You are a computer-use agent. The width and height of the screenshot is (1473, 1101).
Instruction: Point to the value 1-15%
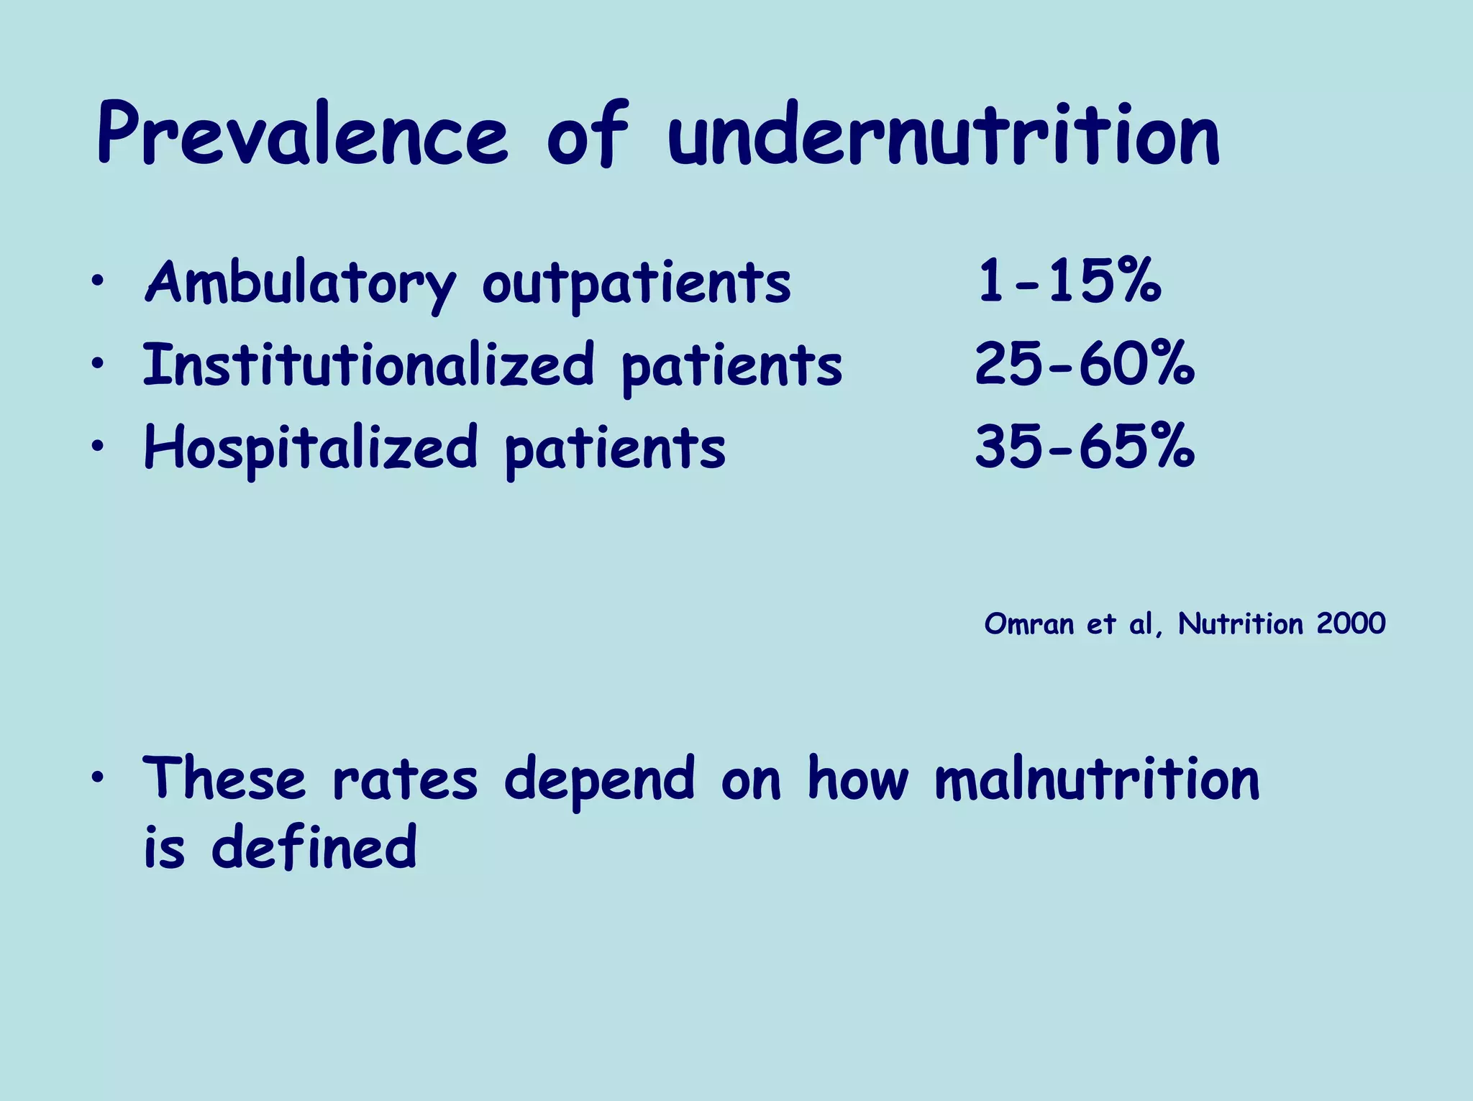[1069, 281]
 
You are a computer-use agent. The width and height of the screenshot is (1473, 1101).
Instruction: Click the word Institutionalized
[368, 365]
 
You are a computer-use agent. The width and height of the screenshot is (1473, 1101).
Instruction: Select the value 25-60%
[1084, 365]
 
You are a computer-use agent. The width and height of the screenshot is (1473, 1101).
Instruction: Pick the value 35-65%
[1084, 447]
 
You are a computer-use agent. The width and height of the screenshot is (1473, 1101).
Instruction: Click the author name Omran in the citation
[1029, 623]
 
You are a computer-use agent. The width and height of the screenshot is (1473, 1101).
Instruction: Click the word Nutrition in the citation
[1240, 623]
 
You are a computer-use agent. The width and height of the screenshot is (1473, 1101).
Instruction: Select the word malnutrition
[1097, 779]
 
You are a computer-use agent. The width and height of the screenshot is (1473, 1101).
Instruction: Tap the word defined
[314, 846]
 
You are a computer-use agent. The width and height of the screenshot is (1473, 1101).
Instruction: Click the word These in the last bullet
[224, 779]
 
